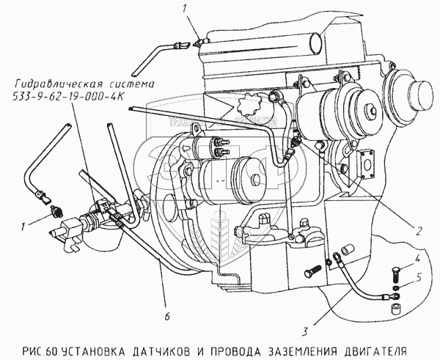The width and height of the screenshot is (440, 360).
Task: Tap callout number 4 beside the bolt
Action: [417, 259]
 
